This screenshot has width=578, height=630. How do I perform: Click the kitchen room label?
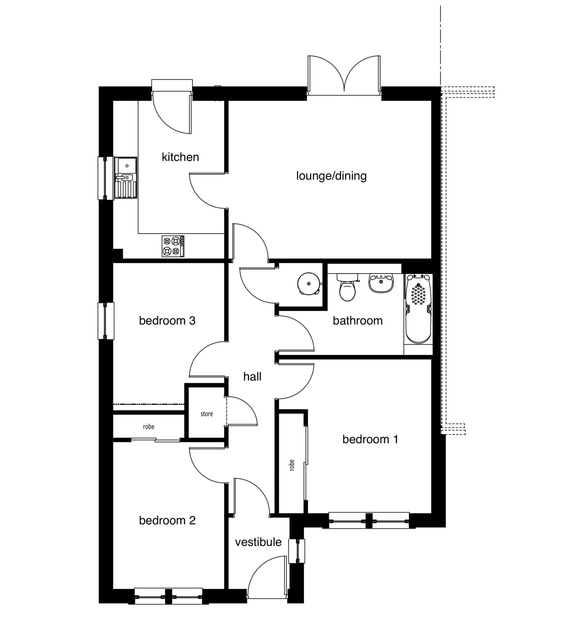coord(180,157)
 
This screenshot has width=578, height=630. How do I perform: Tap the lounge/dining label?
coord(331,176)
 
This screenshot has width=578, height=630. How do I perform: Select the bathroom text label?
coord(358,321)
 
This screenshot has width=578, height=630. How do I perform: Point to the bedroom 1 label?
coord(370,439)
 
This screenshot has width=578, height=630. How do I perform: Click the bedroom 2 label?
coord(167,520)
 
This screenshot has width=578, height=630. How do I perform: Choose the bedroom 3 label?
coord(167,321)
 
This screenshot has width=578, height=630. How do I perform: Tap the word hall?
coord(252,376)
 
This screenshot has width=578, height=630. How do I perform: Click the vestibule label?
coord(258,542)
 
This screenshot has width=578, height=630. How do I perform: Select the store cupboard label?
coord(207,414)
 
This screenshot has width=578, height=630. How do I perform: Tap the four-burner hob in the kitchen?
coord(173,246)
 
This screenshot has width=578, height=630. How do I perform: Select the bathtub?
coord(418,309)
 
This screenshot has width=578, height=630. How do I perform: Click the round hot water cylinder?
coord(309,284)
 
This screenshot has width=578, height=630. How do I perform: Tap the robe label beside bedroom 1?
coord(292,465)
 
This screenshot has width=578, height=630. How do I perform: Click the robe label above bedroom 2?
coord(149,427)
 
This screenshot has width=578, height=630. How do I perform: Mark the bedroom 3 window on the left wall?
coord(106,321)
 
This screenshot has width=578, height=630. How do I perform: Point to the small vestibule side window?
coord(297,551)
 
